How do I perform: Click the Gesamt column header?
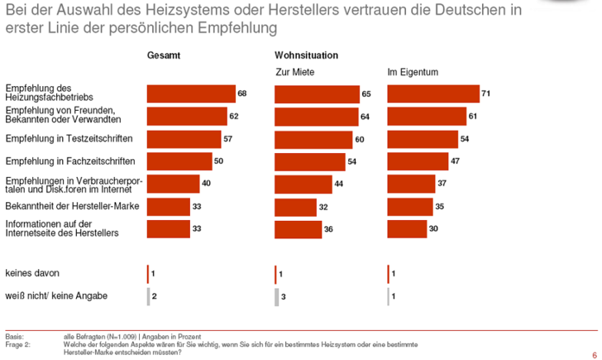coord(164,55)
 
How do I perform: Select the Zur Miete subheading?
coord(294,72)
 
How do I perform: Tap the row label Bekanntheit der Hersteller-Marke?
coord(60,205)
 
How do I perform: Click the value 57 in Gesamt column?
coord(228,139)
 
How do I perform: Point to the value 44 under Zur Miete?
coord(338,184)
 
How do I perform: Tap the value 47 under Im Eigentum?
coord(455,161)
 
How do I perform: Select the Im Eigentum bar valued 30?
coord(406,228)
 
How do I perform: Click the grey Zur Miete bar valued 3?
coord(276,296)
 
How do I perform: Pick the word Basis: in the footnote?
coord(15,336)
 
